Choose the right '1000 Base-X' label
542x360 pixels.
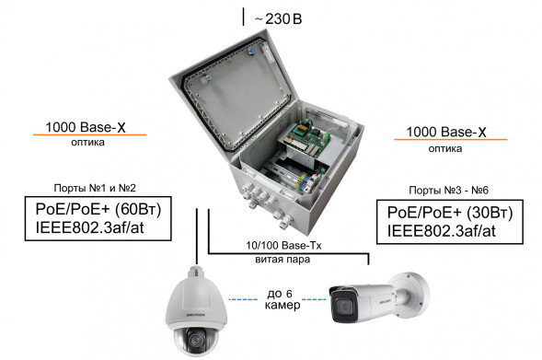445,132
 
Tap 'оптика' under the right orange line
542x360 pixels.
445,148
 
